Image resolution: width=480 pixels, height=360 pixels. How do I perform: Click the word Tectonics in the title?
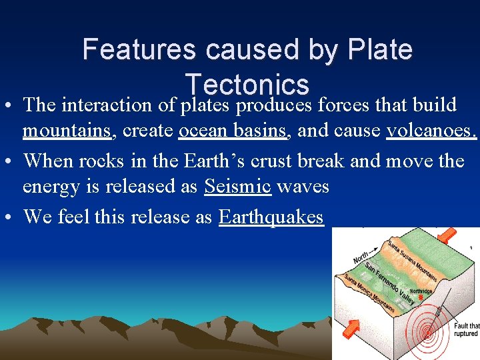point(247,85)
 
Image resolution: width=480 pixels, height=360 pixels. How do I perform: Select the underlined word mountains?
point(66,131)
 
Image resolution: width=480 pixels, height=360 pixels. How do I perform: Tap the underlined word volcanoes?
point(431,131)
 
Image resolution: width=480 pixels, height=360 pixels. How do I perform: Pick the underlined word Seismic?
point(238,187)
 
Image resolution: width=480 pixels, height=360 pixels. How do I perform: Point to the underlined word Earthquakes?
point(271,217)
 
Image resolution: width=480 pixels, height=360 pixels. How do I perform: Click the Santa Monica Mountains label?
point(371,293)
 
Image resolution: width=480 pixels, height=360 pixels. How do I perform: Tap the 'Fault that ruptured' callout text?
point(466,329)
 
